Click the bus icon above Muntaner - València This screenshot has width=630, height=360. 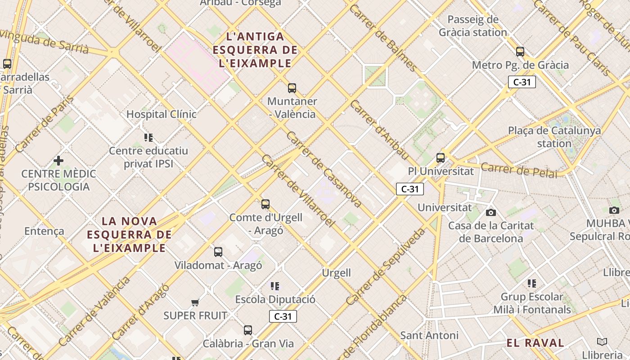292,88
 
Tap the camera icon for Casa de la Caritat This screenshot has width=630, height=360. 491,212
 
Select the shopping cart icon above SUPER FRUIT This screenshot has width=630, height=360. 195,302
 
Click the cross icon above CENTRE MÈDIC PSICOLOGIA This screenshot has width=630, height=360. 58,161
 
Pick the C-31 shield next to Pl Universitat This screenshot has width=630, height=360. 410,189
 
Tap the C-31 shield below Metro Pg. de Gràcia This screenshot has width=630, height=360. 522,82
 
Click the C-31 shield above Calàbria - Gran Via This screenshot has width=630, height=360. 283,316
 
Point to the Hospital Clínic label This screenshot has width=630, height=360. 161,114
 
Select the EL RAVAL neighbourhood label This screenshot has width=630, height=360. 535,343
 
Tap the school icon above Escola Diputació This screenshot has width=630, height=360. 275,286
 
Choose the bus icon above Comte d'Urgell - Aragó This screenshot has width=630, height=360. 265,204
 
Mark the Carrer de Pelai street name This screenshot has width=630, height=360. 518,171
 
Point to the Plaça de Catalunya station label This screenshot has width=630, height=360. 554,137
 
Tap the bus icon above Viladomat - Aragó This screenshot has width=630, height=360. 218,252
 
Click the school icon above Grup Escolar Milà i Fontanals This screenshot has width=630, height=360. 532,283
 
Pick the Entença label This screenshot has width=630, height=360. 44,231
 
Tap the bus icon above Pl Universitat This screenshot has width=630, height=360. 441,158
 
